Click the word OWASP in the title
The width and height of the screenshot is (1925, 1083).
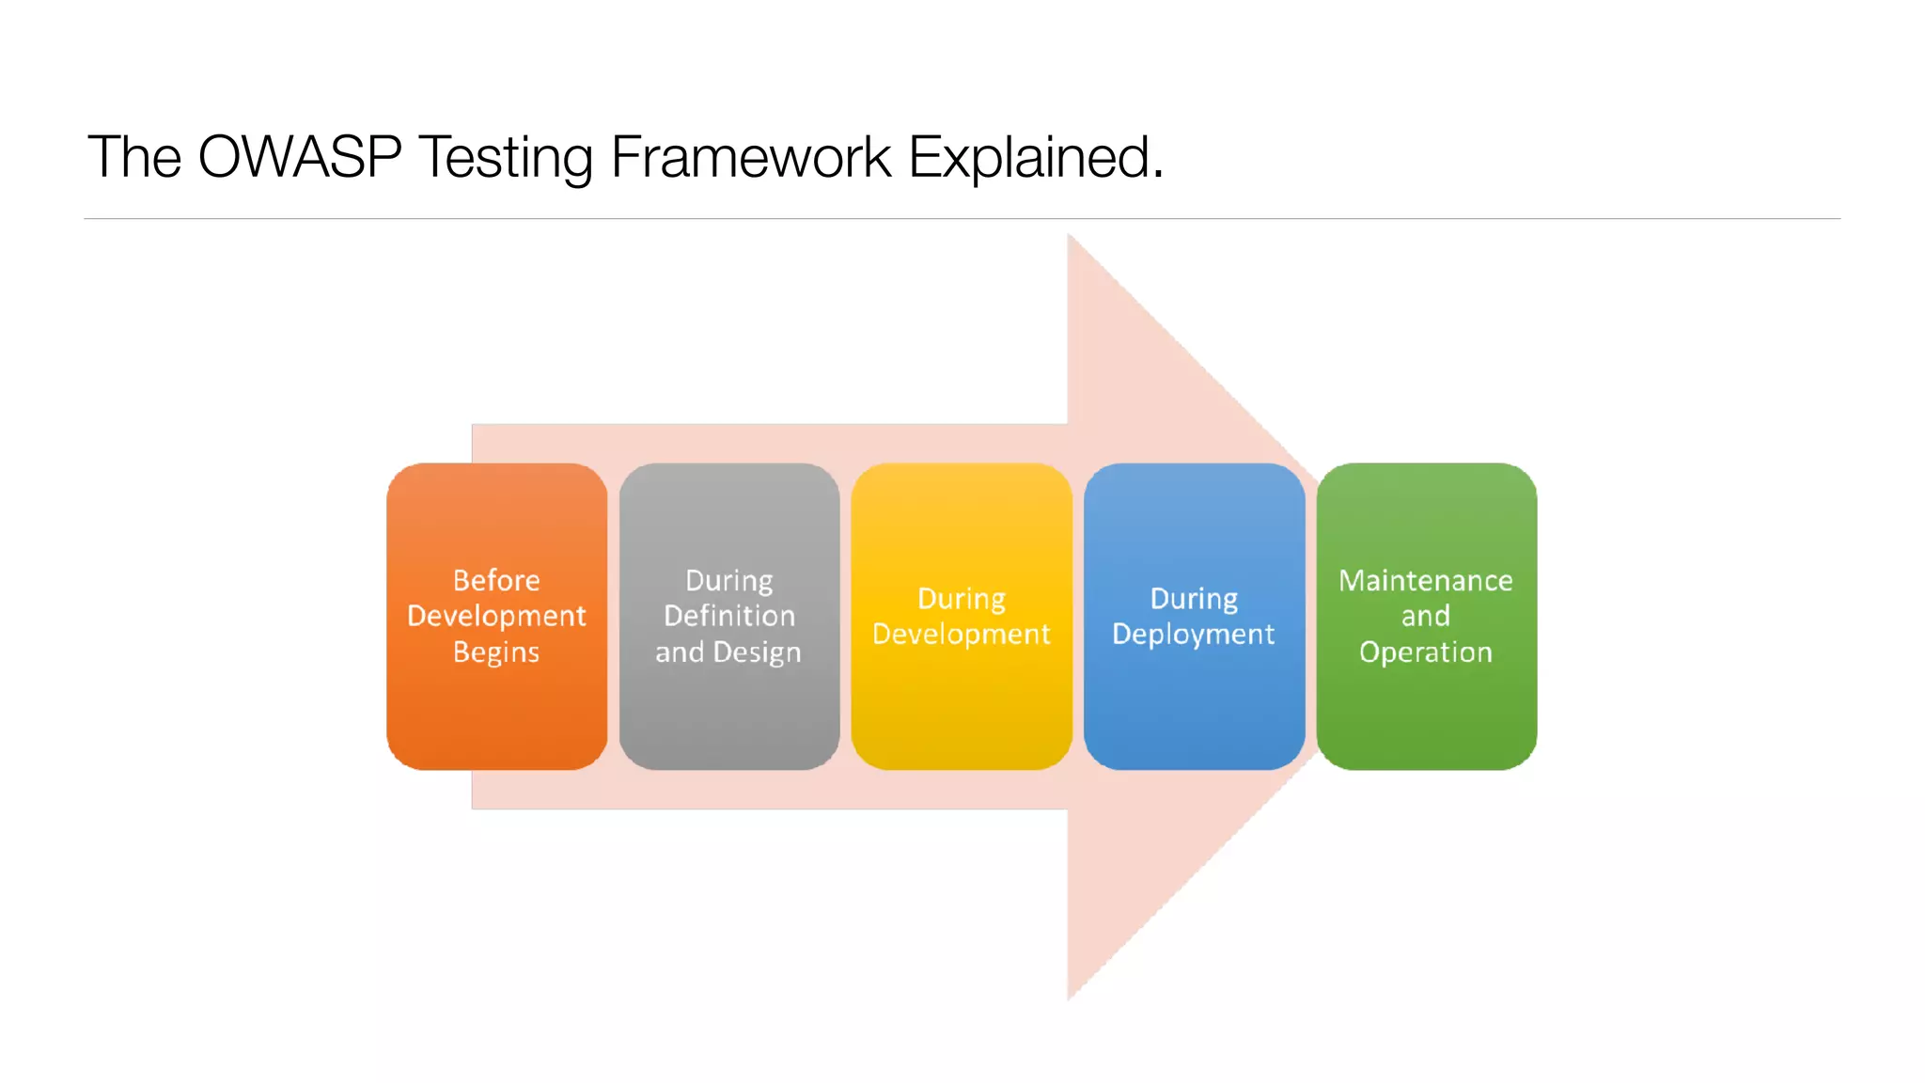(300, 157)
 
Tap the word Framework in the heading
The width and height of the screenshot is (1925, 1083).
(750, 157)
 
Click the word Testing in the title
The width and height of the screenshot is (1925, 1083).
(505, 157)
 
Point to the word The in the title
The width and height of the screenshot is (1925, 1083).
(133, 157)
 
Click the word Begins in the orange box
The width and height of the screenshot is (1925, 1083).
(496, 652)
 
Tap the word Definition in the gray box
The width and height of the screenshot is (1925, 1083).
(729, 616)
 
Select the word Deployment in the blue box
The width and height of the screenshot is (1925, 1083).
(1194, 635)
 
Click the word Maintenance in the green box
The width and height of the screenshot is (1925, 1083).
(1426, 580)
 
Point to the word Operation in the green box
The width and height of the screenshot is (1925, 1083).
(1426, 652)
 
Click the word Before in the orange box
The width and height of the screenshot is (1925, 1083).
(496, 580)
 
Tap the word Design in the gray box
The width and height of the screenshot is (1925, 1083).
(758, 652)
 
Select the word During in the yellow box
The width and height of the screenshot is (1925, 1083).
(961, 598)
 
